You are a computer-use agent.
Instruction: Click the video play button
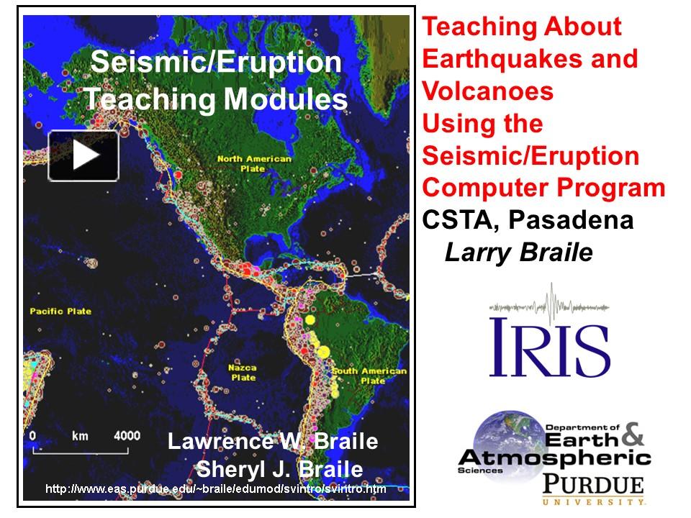point(83,155)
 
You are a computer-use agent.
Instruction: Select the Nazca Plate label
point(243,372)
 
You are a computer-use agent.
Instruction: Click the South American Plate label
point(369,376)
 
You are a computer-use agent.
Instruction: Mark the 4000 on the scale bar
point(127,435)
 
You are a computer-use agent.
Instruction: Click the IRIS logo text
point(549,347)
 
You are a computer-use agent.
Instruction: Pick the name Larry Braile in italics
point(518,252)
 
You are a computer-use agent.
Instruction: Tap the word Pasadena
point(571,220)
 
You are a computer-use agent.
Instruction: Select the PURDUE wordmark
point(593,483)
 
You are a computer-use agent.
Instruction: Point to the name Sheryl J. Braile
point(279,469)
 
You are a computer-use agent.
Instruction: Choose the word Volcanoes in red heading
point(487,91)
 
